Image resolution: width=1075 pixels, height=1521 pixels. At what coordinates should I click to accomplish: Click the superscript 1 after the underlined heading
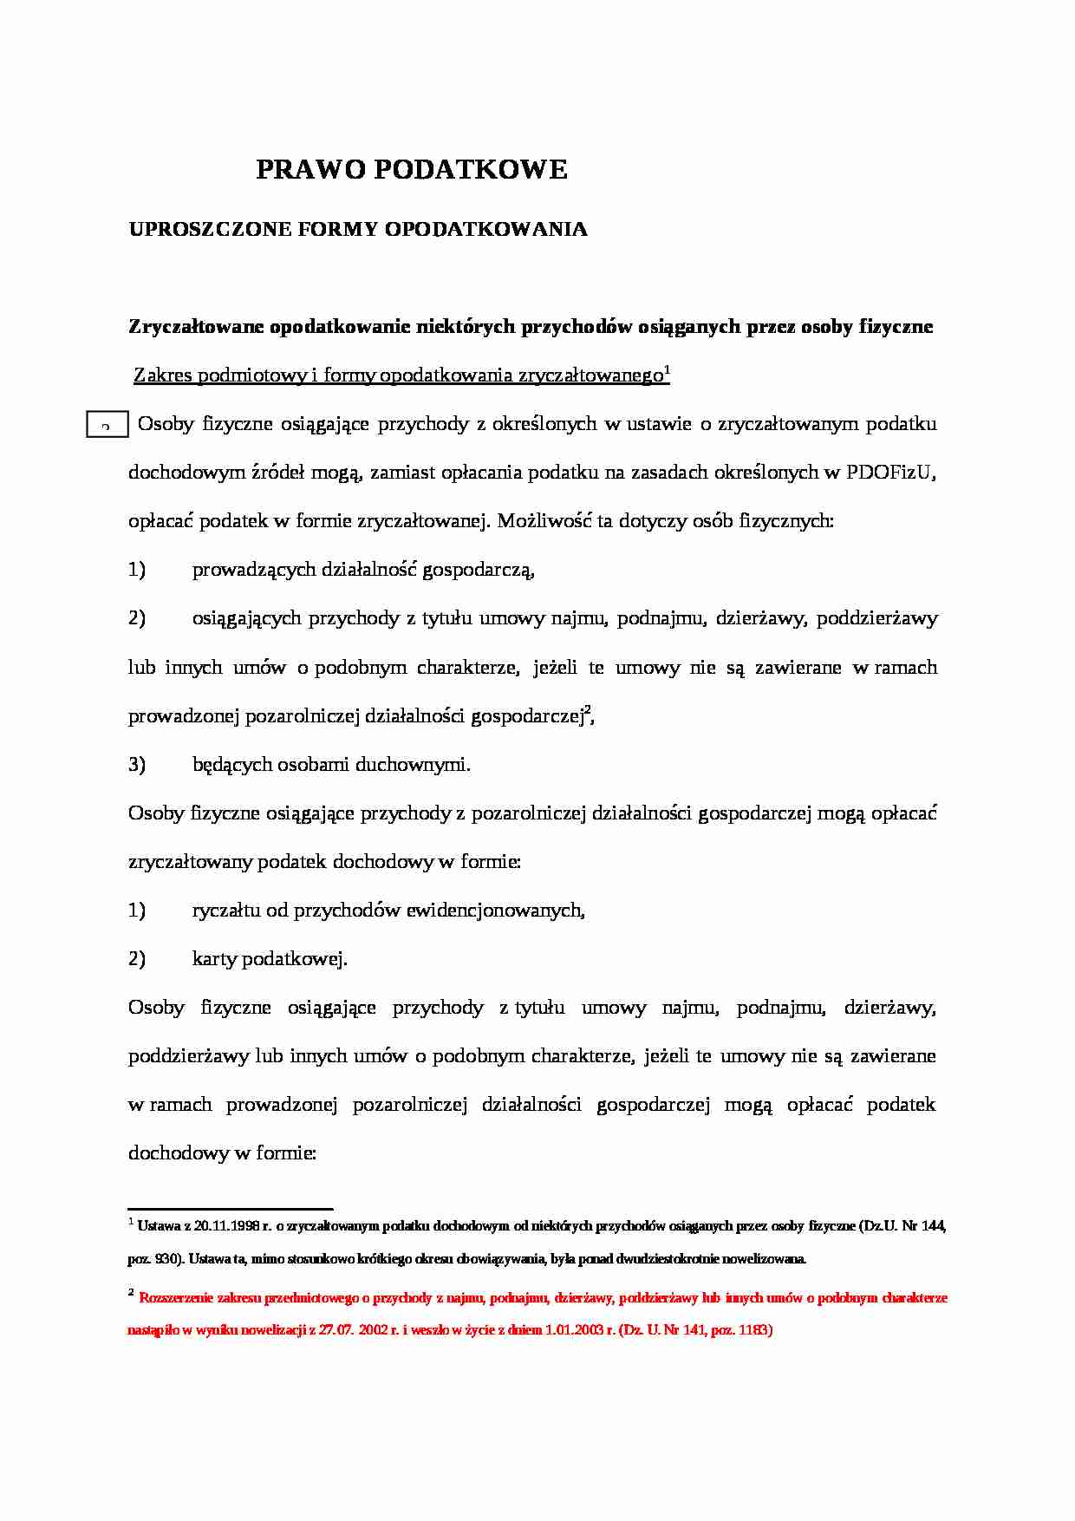coord(667,370)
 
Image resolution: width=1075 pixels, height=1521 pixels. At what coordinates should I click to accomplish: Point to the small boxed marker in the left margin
coord(107,426)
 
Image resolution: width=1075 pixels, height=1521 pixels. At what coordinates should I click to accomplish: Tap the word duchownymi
coord(419,765)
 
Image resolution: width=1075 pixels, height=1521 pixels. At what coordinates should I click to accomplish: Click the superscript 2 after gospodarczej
coord(588,711)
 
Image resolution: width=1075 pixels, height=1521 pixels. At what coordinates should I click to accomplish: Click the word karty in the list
coord(215,959)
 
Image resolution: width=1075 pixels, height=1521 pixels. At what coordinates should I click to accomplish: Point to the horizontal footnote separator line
coord(231,1208)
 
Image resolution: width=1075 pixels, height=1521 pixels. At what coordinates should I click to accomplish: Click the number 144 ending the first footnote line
coord(934,1227)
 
